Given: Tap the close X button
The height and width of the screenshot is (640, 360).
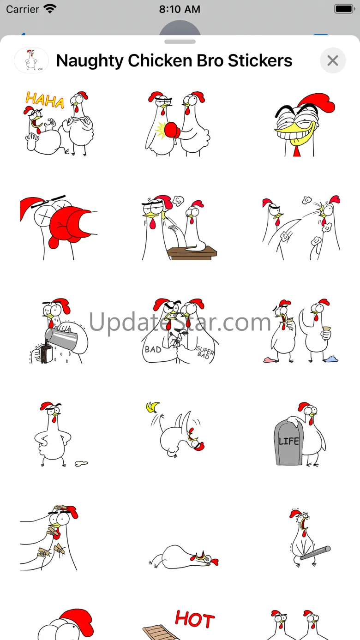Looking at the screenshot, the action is [x=333, y=60].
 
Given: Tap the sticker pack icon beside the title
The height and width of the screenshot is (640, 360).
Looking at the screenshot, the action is [x=31, y=60].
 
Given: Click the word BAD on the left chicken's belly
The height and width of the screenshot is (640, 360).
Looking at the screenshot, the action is [x=153, y=349].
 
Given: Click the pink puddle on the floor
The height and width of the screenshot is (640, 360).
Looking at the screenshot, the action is [x=270, y=359].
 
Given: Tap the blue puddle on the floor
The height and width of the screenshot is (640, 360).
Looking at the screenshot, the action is [x=331, y=359].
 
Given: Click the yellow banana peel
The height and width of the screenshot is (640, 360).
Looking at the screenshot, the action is [x=153, y=407].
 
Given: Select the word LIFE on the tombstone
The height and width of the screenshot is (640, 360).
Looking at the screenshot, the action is [x=289, y=441].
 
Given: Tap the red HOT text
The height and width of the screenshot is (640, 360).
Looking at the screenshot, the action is [x=195, y=619].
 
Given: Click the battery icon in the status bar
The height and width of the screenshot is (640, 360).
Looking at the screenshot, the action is [x=345, y=9].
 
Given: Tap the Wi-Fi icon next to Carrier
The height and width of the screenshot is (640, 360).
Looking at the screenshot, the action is [x=50, y=9].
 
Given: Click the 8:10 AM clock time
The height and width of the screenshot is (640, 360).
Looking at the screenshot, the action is [x=180, y=9].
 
